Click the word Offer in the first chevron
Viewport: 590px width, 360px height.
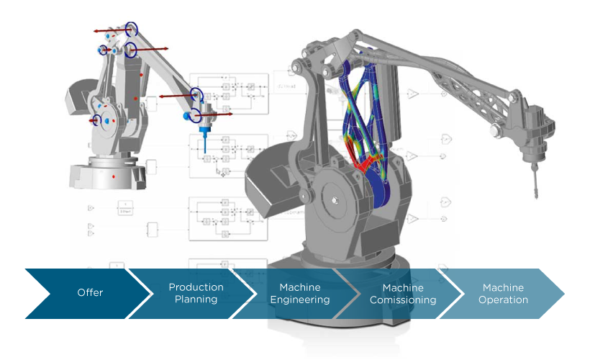[x=90, y=293]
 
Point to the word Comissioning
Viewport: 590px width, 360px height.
[x=403, y=300]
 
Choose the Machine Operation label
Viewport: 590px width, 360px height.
[x=503, y=293]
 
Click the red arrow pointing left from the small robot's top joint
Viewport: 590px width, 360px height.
[x=108, y=31]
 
